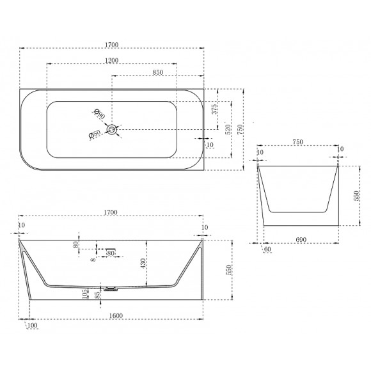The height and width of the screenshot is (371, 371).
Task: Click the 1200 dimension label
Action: coord(112,60)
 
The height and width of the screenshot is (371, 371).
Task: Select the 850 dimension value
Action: coord(157,72)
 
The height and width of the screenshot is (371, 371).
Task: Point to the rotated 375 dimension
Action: coord(214,109)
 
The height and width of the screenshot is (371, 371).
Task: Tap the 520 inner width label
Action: coord(228,129)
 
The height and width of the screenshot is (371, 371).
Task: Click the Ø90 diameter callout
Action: coord(100,114)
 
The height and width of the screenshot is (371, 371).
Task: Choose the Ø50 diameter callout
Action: coord(95,134)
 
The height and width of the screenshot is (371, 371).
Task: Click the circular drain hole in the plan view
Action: coord(111,129)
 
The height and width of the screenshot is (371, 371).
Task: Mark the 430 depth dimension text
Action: coord(143,263)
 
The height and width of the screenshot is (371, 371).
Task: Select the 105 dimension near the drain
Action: coord(85,294)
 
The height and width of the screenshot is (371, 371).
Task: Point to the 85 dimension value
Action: coord(97,295)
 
